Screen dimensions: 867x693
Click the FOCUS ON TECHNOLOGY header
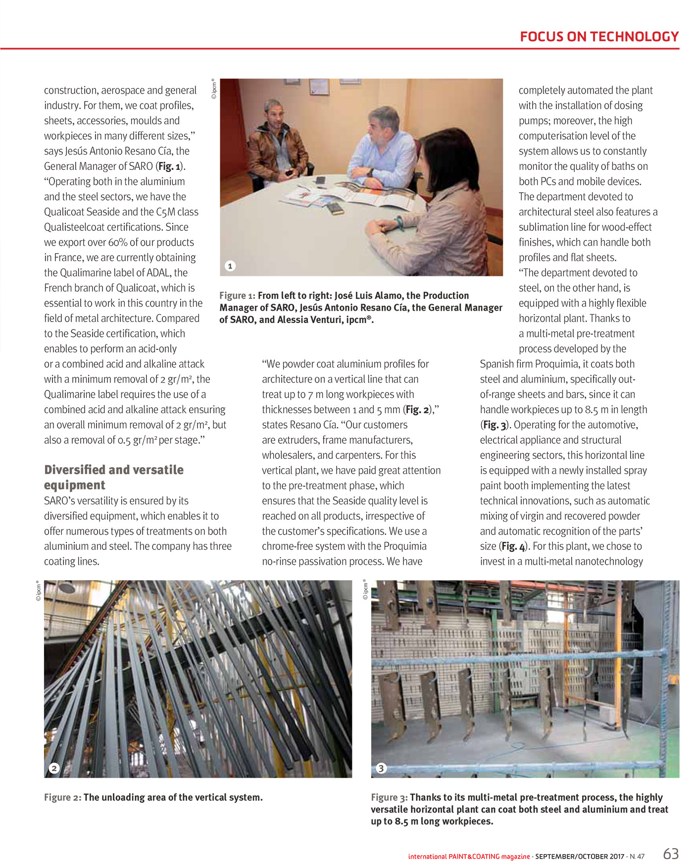[599, 37]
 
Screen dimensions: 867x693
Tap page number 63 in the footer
[671, 854]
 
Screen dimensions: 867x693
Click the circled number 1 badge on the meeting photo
[230, 266]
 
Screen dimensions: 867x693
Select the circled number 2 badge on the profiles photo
[54, 768]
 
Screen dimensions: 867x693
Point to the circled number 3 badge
[381, 768]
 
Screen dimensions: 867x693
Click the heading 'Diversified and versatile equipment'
[114, 477]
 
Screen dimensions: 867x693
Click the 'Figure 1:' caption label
[237, 296]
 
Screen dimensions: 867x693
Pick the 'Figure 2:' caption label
[62, 797]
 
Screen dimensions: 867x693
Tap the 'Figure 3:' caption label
[390, 797]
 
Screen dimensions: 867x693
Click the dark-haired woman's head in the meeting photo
[450, 154]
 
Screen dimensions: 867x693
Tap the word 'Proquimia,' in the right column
[554, 364]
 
